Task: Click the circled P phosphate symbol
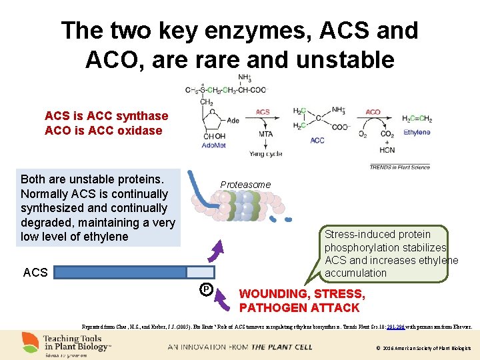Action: (x=207, y=289)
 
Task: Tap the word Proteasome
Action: (x=246, y=184)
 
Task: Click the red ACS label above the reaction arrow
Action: (x=263, y=112)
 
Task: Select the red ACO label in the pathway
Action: (x=373, y=112)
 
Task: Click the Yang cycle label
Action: (x=265, y=154)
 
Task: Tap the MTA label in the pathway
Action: (x=265, y=134)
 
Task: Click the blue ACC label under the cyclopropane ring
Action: (x=317, y=141)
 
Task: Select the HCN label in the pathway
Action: (x=387, y=150)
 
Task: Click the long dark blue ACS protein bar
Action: (x=120, y=271)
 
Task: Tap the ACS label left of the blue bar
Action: (x=35, y=272)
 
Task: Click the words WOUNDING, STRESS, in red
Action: (x=302, y=294)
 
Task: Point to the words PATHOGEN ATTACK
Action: (x=299, y=308)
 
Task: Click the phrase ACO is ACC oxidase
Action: (x=103, y=131)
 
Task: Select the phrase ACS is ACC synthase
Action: (x=106, y=116)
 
